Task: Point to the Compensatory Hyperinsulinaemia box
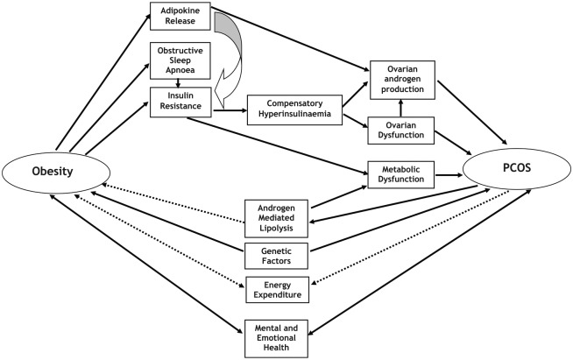pyautogui.click(x=293, y=112)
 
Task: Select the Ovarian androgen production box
pyautogui.click(x=400, y=78)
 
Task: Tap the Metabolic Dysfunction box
pyautogui.click(x=400, y=174)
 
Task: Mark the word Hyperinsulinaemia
pyautogui.click(x=293, y=118)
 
